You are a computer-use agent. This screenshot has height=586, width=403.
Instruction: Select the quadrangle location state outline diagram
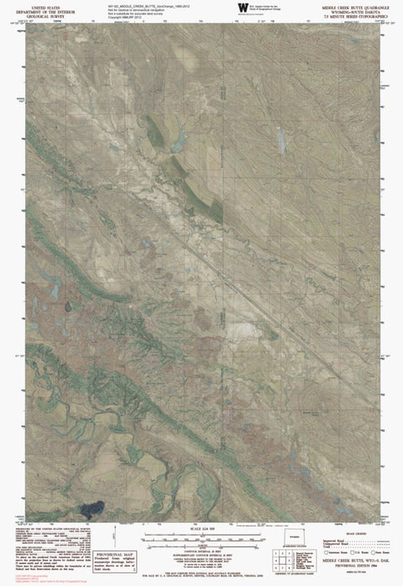294,538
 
